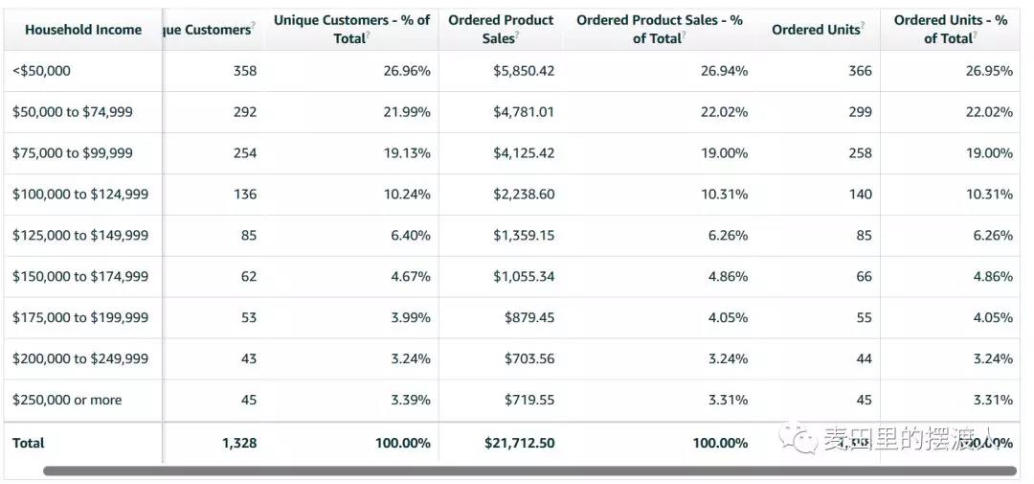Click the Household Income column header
click(83, 30)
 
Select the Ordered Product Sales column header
click(501, 29)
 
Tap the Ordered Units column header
click(816, 30)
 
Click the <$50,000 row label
click(41, 71)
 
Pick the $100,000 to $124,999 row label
click(80, 195)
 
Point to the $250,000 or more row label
click(67, 401)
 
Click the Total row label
click(29, 444)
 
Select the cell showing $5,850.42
click(524, 71)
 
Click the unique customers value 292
click(245, 112)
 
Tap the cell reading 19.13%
click(410, 153)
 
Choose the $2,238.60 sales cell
click(524, 195)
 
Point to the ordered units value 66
click(864, 277)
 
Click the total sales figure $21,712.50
click(520, 444)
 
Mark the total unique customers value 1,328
click(239, 444)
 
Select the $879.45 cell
click(529, 318)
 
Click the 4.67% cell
click(410, 277)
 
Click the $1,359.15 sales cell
click(524, 236)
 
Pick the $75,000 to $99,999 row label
click(73, 153)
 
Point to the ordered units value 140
click(861, 195)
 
